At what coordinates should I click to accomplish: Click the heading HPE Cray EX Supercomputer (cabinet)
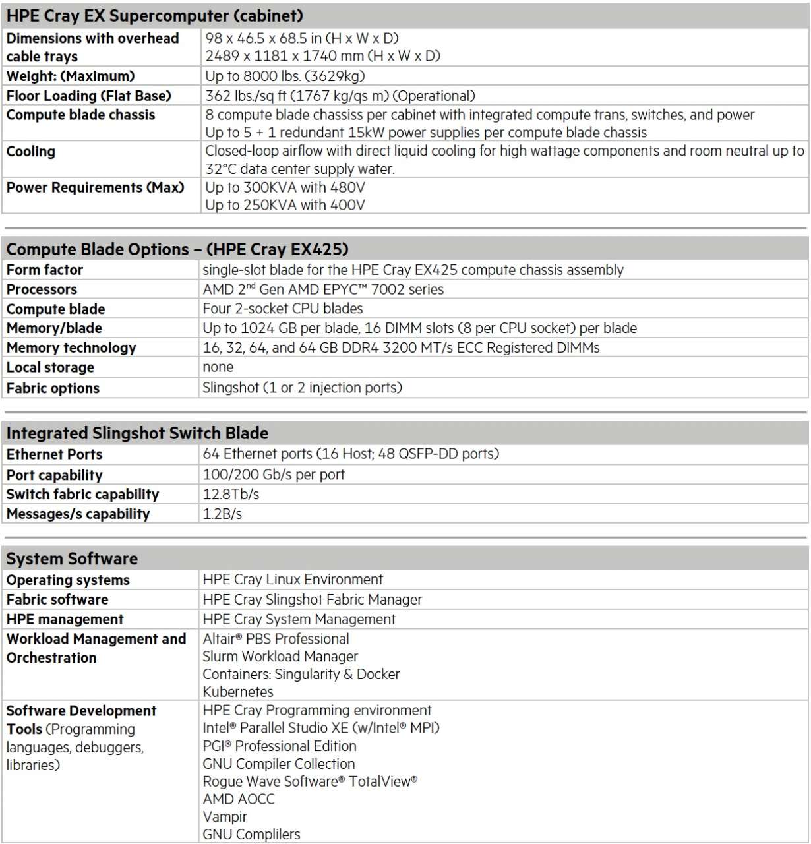[154, 15]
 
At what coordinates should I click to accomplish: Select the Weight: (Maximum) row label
[71, 76]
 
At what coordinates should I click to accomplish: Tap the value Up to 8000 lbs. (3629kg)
[285, 76]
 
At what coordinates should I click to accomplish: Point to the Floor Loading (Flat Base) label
[88, 96]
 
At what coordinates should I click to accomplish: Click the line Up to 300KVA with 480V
[285, 187]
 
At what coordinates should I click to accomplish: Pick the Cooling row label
[31, 152]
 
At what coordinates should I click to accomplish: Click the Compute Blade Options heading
[177, 249]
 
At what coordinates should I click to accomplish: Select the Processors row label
[42, 289]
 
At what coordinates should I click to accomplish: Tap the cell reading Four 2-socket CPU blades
[282, 309]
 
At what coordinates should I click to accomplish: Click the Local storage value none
[218, 367]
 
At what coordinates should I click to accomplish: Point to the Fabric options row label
[53, 388]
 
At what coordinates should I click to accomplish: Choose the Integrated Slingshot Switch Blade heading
[137, 433]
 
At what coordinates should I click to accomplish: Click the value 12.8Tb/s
[231, 494]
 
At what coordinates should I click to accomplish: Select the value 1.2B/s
[222, 514]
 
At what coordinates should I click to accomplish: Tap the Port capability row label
[54, 475]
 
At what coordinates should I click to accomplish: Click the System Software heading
[72, 559]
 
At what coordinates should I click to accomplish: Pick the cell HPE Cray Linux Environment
[292, 580]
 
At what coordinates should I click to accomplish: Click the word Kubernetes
[237, 692]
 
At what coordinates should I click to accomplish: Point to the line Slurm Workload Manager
[280, 656]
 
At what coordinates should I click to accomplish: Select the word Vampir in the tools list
[225, 816]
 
